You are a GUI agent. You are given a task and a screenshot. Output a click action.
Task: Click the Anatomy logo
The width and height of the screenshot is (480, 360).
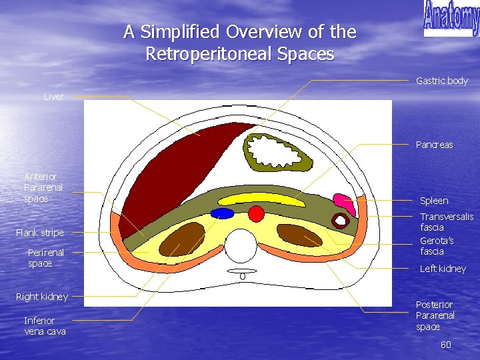pos(451,19)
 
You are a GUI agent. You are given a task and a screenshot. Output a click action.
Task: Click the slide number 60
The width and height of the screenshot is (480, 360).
pos(446,345)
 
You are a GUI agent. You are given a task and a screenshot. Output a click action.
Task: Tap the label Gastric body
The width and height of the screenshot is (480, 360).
pos(441,81)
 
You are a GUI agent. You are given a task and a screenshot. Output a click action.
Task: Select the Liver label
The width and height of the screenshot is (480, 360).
pos(54,97)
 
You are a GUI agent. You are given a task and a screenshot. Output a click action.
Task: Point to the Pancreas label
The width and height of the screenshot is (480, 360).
pos(434,145)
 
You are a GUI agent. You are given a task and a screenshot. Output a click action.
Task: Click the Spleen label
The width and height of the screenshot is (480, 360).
pos(434,201)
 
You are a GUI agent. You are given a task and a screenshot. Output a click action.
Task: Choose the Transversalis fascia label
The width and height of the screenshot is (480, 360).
pos(446,222)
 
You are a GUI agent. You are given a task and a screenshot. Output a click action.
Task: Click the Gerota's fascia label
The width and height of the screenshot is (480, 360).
pos(437,246)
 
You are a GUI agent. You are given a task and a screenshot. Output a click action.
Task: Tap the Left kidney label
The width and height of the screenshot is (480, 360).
pos(443,269)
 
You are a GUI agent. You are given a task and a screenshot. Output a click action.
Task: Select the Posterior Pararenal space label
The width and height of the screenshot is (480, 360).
pos(435,315)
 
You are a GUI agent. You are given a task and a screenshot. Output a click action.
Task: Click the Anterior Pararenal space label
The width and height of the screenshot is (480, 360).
pos(43,187)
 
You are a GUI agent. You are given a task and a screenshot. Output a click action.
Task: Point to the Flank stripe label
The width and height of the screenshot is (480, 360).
pos(40,233)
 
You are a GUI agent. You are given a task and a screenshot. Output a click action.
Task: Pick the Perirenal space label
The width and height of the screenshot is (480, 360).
pos(46,258)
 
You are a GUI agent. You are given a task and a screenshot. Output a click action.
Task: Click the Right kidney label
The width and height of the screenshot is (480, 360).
pos(42,296)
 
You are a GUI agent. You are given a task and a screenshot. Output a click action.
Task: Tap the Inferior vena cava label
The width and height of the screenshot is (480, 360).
pos(45,325)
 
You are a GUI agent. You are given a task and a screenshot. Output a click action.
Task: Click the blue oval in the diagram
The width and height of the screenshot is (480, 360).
pos(222,213)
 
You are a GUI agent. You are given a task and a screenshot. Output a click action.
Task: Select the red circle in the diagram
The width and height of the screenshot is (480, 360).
pos(256,213)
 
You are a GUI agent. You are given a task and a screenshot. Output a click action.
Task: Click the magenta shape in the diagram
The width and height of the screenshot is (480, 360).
pos(344,201)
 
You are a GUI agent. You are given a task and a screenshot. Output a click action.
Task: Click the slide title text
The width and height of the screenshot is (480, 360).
pos(240,42)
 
